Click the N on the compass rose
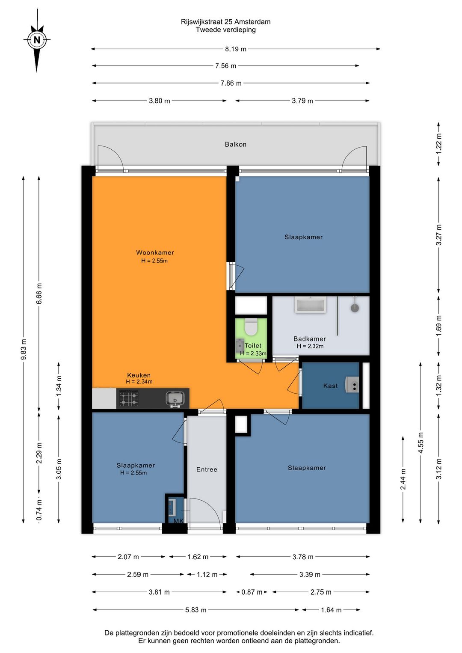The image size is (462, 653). (37, 40)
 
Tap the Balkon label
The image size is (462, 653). (236, 144)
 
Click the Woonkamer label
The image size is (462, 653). (155, 252)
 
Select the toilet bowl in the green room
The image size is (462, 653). (251, 327)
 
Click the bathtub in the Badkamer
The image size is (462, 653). (310, 305)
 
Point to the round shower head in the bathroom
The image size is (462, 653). (355, 308)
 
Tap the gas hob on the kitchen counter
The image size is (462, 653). (128, 399)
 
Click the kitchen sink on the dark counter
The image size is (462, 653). (175, 399)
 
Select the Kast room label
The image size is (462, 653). (330, 386)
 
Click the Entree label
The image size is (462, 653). (207, 469)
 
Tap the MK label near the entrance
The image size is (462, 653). (178, 521)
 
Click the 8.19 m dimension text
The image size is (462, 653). (236, 49)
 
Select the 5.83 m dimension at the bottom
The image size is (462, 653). (196, 610)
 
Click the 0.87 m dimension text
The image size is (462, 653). (252, 592)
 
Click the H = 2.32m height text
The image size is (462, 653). (310, 346)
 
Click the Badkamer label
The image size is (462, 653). (310, 339)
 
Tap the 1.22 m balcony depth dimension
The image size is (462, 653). (438, 143)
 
